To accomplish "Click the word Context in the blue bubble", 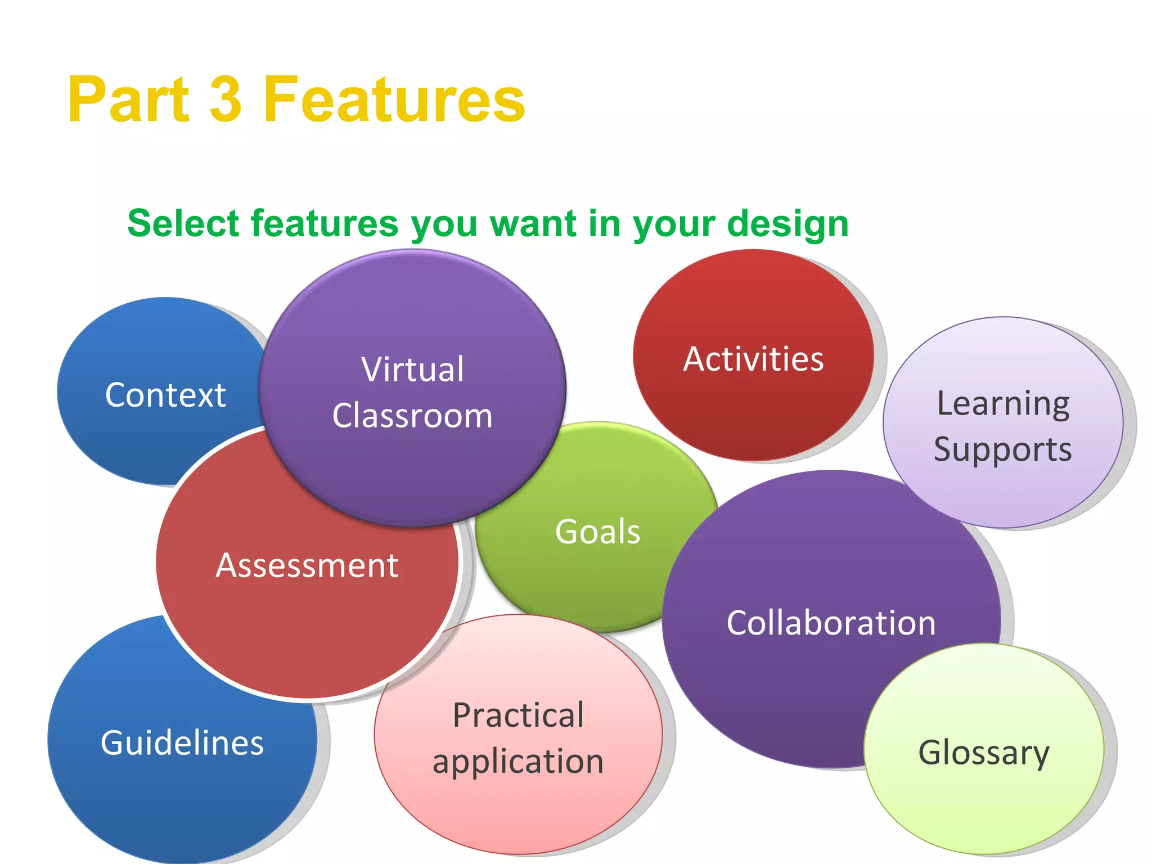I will click(x=165, y=395).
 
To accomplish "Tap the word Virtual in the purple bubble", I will click(x=413, y=370).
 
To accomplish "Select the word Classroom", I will click(x=412, y=416).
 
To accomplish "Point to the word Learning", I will click(x=1003, y=404).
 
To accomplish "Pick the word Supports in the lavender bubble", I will click(x=1003, y=449).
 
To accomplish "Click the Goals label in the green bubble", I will click(x=597, y=532).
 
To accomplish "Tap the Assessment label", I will click(x=307, y=565).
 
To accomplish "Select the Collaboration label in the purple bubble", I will click(x=831, y=623).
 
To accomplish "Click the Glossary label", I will click(x=984, y=753).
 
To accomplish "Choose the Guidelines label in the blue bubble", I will click(x=182, y=742).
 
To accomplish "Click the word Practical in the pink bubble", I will click(x=518, y=715).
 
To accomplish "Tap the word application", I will click(x=518, y=762).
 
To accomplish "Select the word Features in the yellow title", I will click(x=394, y=100).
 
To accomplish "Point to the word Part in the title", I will click(x=129, y=100).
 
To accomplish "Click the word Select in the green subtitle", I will click(x=184, y=223).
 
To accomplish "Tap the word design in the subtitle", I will click(x=787, y=224).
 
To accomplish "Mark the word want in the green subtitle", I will click(x=533, y=224).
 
